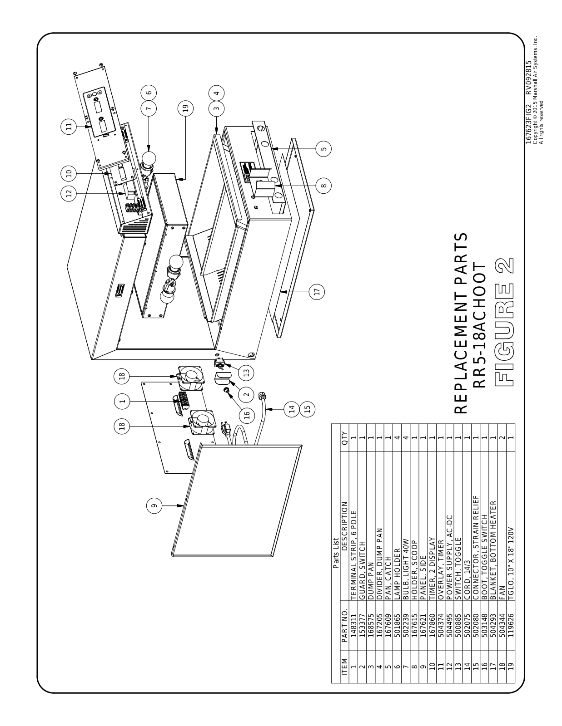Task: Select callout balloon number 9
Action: click(x=154, y=505)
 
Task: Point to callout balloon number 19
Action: click(x=185, y=108)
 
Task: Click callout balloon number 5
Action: click(x=323, y=149)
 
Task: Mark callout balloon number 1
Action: click(x=121, y=401)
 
